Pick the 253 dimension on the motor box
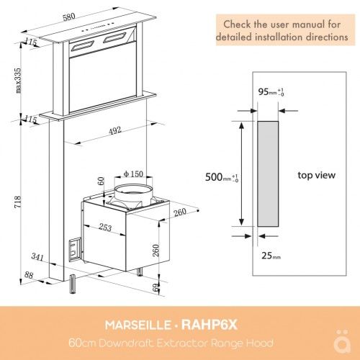tap(105, 227)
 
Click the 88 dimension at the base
tap(28, 274)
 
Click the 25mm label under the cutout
tap(271, 255)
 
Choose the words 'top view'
tap(316, 175)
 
